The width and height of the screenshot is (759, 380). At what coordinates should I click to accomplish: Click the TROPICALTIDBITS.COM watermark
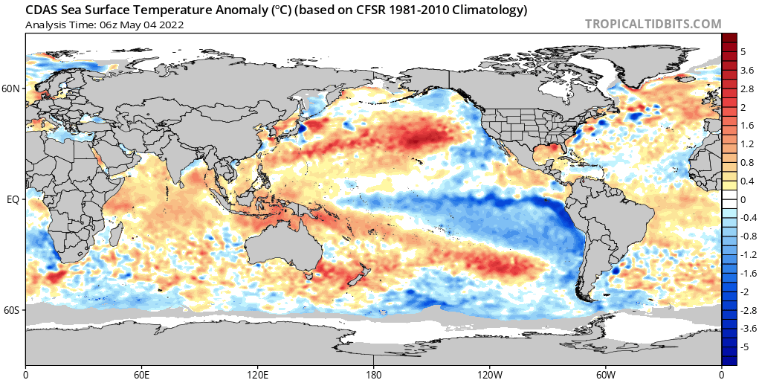(653, 24)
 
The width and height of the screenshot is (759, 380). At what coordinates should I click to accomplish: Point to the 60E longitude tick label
(141, 374)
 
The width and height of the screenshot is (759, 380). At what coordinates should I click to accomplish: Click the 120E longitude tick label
(257, 374)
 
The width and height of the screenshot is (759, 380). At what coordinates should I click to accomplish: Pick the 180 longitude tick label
(373, 374)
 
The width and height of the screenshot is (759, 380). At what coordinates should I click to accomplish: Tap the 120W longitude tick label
(489, 374)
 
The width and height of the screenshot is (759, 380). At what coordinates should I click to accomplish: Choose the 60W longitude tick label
(606, 374)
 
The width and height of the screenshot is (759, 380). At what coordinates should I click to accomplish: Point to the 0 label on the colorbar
(743, 199)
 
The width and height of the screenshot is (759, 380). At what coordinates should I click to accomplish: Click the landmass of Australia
(283, 251)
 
